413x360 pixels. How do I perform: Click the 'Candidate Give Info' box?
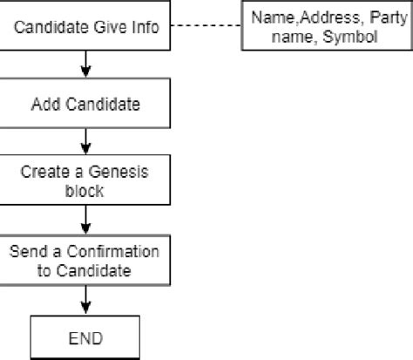tap(85, 26)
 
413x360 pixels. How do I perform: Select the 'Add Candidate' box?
tap(85, 105)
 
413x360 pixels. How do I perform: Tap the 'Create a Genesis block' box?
tap(85, 180)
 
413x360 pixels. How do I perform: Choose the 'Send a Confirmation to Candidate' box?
tap(85, 261)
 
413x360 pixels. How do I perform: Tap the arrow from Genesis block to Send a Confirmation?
tap(85, 220)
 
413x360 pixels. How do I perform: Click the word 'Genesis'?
tap(118, 171)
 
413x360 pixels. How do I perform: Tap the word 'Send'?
tap(26, 252)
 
